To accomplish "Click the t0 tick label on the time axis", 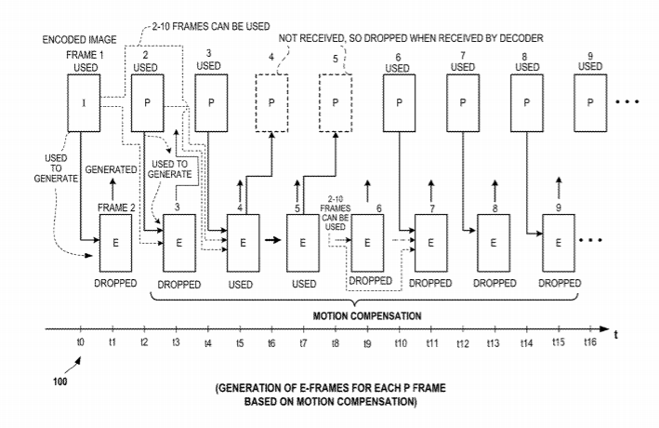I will [81, 343].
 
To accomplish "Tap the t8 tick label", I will [335, 343].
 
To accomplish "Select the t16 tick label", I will [589, 343].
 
